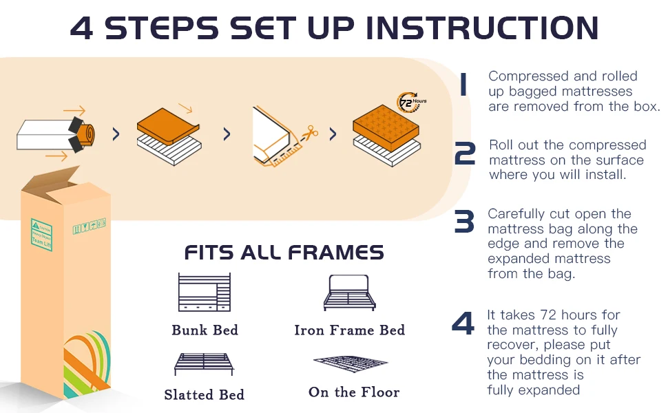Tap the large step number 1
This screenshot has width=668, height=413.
click(x=463, y=86)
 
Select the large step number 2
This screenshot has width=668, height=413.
click(x=465, y=154)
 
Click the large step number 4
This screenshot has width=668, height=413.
click(x=463, y=324)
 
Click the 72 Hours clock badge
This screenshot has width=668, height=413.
click(x=412, y=103)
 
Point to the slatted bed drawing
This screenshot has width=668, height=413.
click(x=204, y=363)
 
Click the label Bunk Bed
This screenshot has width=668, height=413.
click(x=205, y=330)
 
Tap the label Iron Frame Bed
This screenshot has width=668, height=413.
click(x=349, y=330)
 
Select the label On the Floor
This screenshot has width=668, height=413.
click(x=354, y=392)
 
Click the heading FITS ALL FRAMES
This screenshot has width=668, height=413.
click(x=284, y=253)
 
